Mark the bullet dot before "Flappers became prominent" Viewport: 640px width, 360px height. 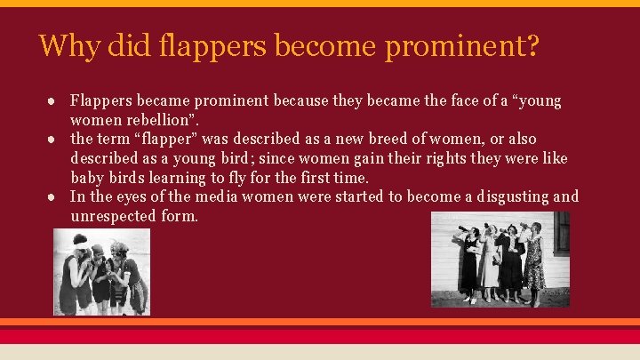click(x=55, y=100)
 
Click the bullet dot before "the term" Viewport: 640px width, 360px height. click(x=55, y=140)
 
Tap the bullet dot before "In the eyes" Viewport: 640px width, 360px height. click(x=55, y=197)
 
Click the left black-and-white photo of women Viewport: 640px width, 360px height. click(x=101, y=272)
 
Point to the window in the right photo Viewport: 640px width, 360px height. click(x=562, y=233)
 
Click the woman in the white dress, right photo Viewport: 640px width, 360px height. click(x=490, y=263)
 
